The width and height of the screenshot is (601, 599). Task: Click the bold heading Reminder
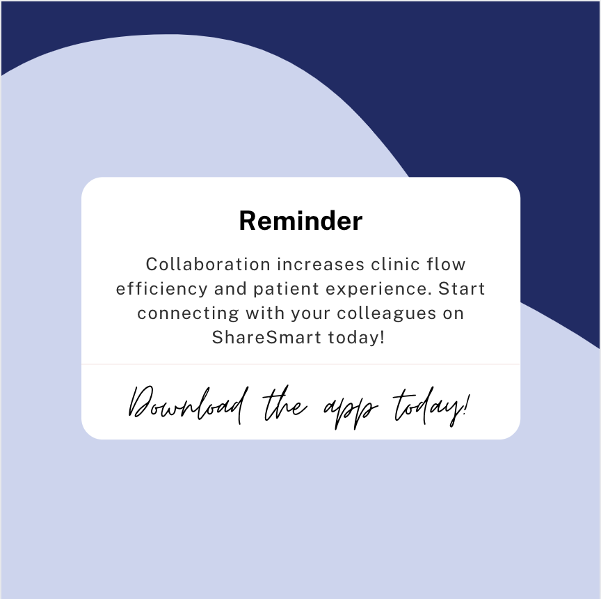pyautogui.click(x=300, y=221)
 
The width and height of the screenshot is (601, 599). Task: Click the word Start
pyautogui.click(x=462, y=288)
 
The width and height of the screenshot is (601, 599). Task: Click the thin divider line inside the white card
pyautogui.click(x=300, y=364)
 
